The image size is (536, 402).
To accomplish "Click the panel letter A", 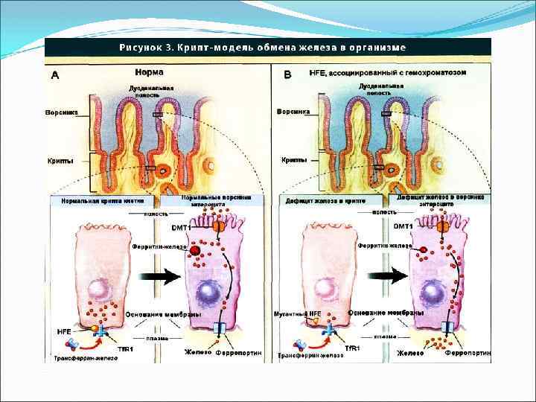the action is pyautogui.click(x=56, y=75).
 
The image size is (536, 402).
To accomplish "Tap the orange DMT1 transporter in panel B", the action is pyautogui.click(x=442, y=224).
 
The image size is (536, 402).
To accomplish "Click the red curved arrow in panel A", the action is pyautogui.click(x=88, y=342).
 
